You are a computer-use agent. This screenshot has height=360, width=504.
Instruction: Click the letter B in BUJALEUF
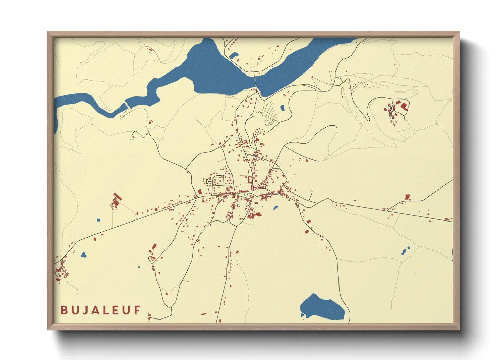64,310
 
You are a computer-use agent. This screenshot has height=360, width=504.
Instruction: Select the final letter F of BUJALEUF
137,310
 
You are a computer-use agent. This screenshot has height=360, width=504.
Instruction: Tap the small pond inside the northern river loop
234,55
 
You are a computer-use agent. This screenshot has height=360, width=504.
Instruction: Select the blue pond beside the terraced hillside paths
282,108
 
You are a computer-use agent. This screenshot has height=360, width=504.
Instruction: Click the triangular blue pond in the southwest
83,254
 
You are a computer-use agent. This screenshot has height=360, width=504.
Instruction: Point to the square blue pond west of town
99,220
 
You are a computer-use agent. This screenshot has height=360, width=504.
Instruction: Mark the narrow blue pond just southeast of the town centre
275,207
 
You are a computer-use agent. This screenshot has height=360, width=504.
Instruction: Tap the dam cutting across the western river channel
127,104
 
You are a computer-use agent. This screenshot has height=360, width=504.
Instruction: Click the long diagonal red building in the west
117,197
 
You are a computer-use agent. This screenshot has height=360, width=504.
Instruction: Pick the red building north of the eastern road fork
407,197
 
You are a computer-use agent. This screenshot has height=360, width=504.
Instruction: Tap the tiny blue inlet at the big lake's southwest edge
302,315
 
